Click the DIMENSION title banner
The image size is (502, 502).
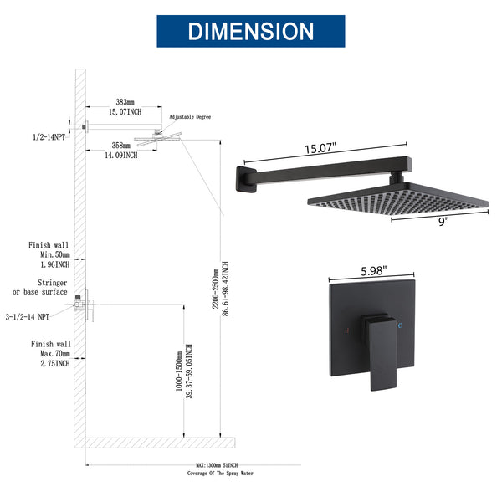tap(251, 31)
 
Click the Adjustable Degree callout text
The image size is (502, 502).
tap(192, 118)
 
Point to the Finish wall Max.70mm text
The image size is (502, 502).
tap(50, 353)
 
